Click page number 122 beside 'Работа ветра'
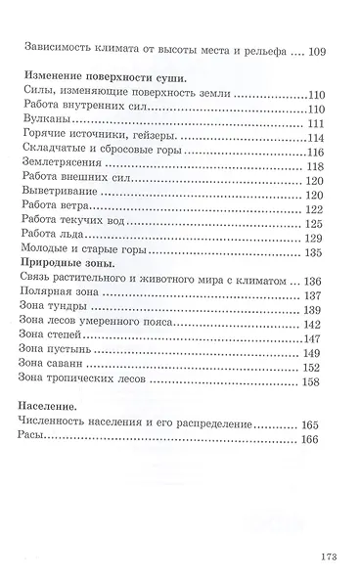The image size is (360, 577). [x=314, y=209]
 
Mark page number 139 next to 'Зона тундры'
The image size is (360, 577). [x=314, y=309]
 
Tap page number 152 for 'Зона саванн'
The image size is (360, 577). [x=314, y=367]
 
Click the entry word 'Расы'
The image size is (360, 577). [x=33, y=439]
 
